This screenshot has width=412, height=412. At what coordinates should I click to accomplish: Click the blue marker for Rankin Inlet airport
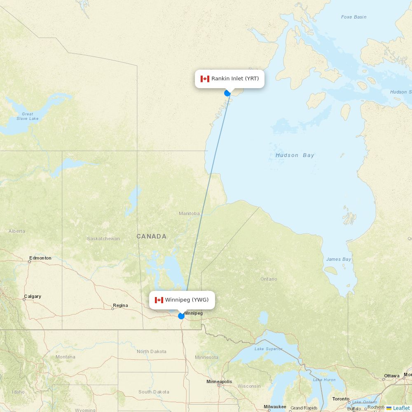click(x=227, y=93)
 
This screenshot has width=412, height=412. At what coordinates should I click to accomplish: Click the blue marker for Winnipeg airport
click(x=181, y=316)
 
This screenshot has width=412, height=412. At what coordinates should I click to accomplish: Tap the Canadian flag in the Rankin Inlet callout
click(x=205, y=79)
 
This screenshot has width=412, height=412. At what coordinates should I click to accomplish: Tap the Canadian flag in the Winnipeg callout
click(x=159, y=300)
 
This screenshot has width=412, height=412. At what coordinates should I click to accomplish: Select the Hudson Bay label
click(x=295, y=155)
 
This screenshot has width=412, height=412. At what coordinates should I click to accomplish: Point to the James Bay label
click(x=339, y=259)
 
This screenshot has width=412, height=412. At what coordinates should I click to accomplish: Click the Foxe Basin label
click(x=353, y=17)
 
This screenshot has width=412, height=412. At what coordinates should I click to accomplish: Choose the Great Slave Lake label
click(x=28, y=116)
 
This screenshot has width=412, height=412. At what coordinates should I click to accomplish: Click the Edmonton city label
click(x=40, y=258)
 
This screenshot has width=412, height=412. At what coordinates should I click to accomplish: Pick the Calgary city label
click(x=33, y=296)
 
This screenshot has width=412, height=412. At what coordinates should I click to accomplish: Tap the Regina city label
click(x=120, y=305)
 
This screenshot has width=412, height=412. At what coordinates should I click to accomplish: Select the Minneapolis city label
click(x=219, y=382)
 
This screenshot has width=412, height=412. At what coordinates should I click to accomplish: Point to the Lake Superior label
click(x=269, y=349)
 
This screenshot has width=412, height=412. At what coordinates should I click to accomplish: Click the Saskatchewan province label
click(x=103, y=239)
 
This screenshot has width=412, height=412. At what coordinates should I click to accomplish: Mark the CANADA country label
click(x=152, y=236)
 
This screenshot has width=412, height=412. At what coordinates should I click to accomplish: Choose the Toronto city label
click(x=341, y=399)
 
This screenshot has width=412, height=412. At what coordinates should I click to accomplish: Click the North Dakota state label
click(x=152, y=351)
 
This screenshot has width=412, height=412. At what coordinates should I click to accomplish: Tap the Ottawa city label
click(x=392, y=376)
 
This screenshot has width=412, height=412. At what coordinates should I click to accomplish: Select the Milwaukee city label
click(x=275, y=407)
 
